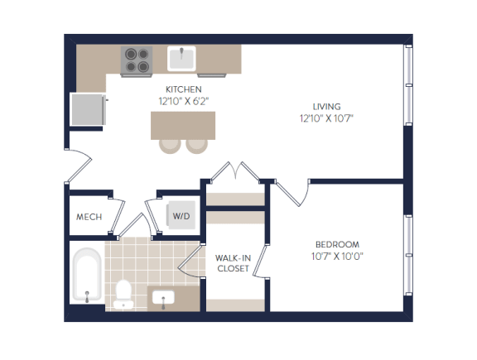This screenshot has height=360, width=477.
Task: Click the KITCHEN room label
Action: (x=183, y=89)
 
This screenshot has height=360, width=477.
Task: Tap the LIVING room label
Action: (x=326, y=106)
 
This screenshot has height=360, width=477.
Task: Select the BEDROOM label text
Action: (x=337, y=244)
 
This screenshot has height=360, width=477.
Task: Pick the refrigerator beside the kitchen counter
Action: (x=87, y=109)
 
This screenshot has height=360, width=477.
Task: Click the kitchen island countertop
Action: (x=181, y=124)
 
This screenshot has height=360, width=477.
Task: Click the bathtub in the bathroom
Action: (x=86, y=275)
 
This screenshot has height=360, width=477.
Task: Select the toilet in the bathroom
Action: (x=124, y=292)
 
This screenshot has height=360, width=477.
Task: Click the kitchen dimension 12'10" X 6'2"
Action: (x=183, y=100)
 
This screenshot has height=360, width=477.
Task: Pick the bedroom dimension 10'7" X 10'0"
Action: (x=337, y=256)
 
